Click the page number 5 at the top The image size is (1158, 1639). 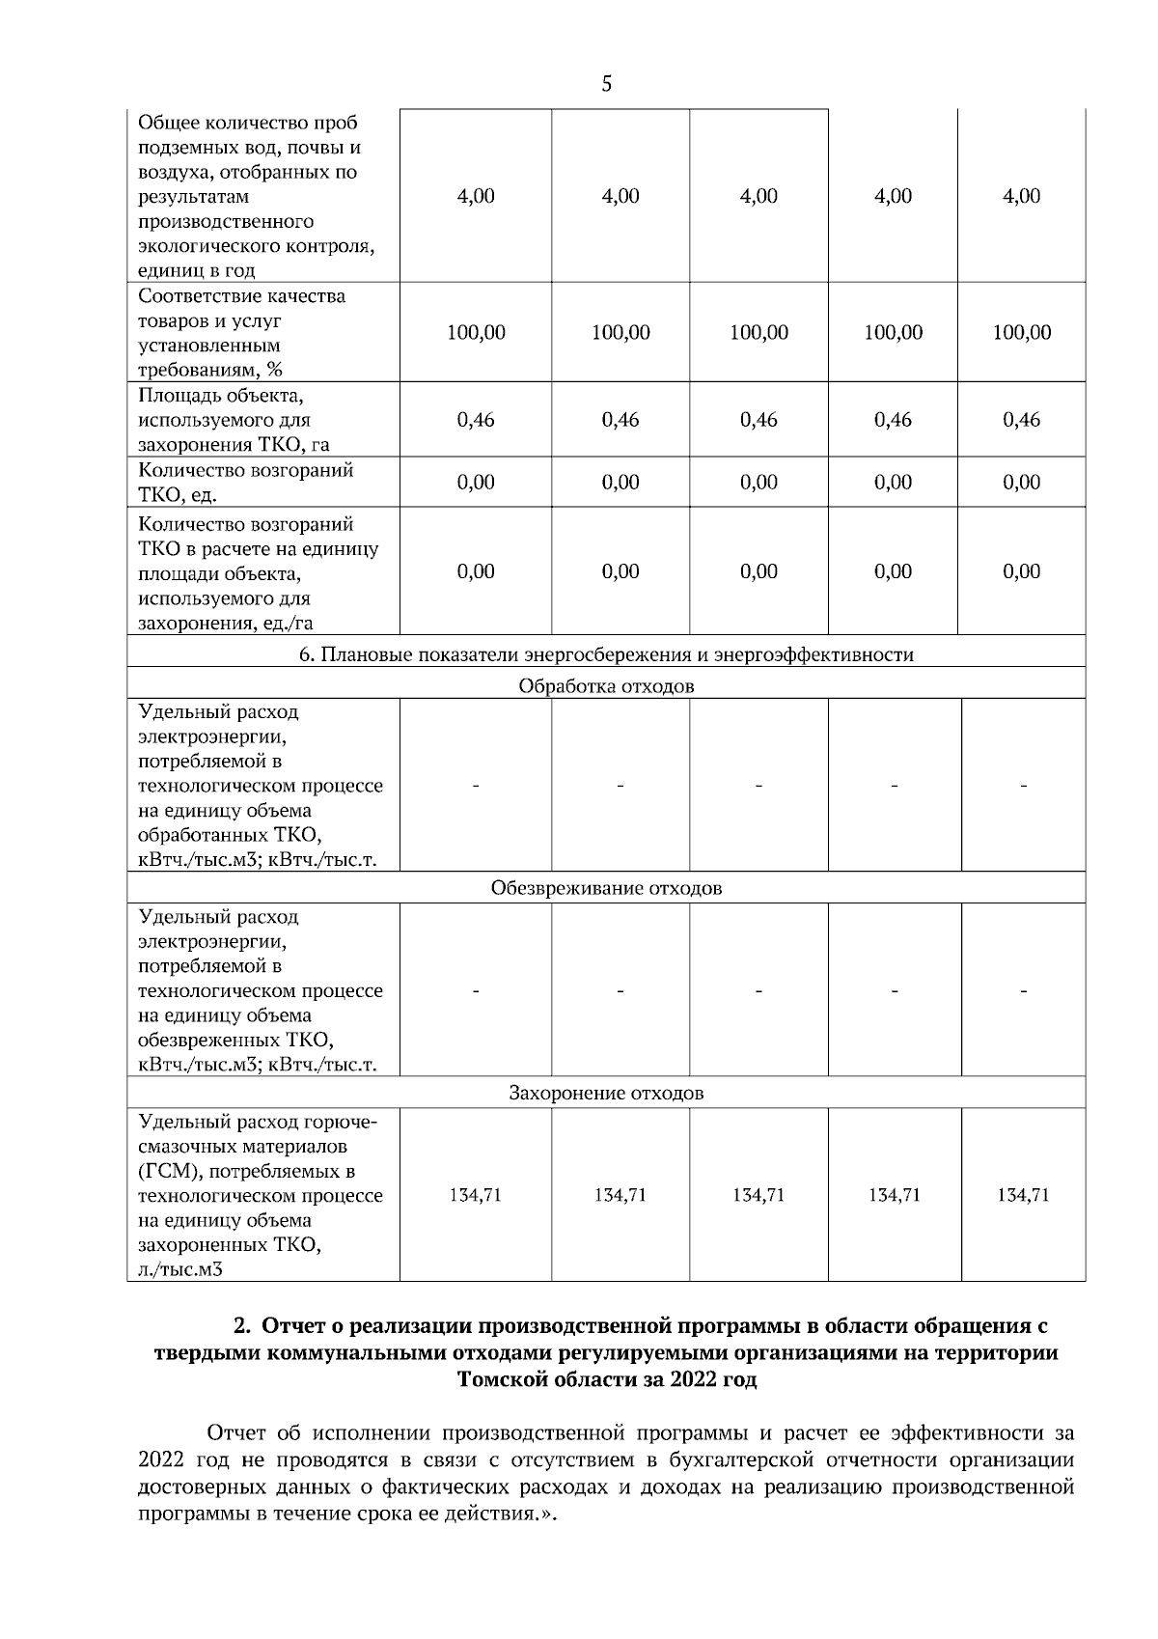point(606,84)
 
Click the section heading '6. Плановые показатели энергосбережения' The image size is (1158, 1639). point(606,655)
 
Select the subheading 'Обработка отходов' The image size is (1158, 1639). point(606,687)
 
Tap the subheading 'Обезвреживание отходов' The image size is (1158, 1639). point(606,888)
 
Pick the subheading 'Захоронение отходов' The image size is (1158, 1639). point(606,1094)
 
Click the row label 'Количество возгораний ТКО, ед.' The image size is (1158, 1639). point(245,483)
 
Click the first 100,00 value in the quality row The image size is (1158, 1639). point(476,333)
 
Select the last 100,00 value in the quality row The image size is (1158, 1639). point(1022,333)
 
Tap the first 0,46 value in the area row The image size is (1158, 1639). point(476,420)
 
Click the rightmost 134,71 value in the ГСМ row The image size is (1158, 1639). point(1023,1195)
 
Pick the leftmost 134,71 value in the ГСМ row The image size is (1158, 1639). point(476,1195)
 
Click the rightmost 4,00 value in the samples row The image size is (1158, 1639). point(1022,196)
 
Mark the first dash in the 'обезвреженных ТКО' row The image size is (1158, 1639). point(476,990)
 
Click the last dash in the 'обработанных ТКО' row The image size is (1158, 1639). point(1023,787)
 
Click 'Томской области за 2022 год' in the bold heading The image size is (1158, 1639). point(606,1379)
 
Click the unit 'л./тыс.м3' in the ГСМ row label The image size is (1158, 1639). point(180,1269)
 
